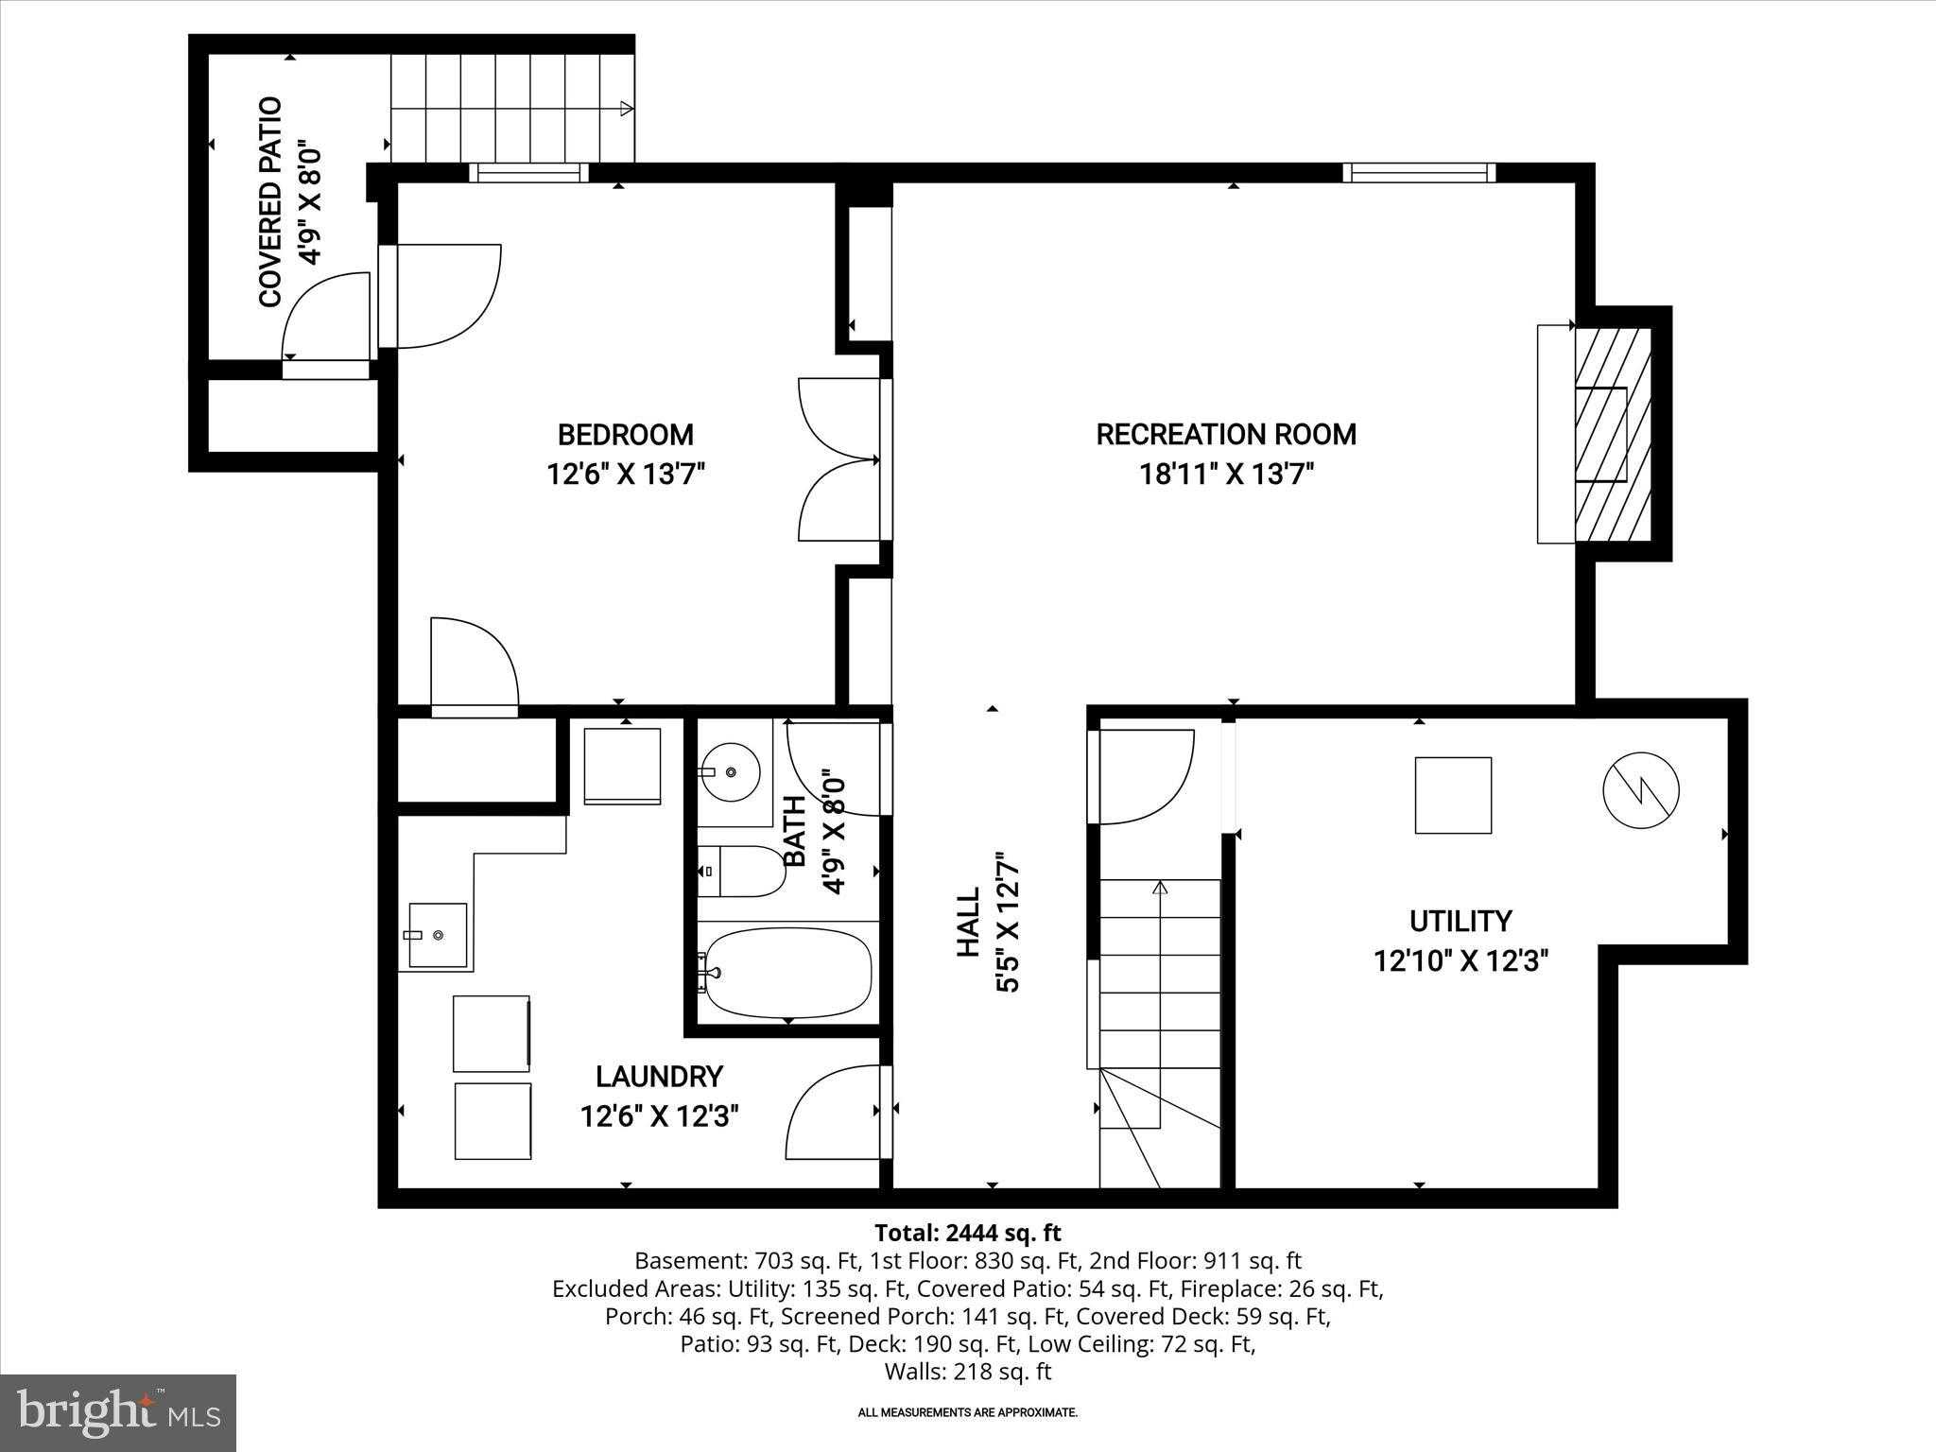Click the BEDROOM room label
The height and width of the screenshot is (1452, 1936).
pos(625,435)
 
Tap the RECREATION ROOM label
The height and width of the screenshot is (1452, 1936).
pos(1226,435)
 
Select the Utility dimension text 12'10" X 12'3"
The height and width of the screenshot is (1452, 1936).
pos(1461,961)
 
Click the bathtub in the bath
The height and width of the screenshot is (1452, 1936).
pos(788,973)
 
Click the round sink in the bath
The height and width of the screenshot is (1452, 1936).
pos(731,772)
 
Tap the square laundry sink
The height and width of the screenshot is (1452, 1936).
pos(438,935)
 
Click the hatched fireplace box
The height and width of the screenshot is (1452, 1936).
pos(1612,435)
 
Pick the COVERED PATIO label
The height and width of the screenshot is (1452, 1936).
pos(270,201)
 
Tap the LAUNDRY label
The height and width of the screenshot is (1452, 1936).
pos(659,1077)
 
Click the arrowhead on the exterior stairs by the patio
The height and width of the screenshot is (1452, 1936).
pos(626,109)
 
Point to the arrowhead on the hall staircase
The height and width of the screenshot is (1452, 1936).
pos(1160,888)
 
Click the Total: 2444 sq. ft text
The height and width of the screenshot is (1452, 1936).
pos(967,1233)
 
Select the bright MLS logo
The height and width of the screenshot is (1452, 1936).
pos(118,1412)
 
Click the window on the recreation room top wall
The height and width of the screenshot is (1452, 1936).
pos(1418,172)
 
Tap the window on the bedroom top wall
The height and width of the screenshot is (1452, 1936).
pos(528,172)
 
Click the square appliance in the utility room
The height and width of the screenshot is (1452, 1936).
pos(1453,795)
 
